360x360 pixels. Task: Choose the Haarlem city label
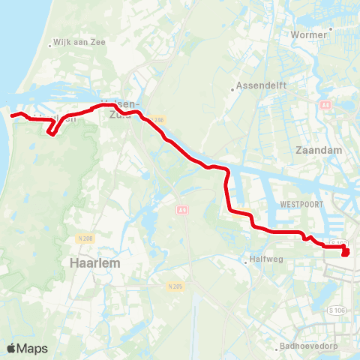(95, 263)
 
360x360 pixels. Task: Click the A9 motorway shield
(182, 211)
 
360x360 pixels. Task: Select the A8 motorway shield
(325, 106)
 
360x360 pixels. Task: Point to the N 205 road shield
(175, 286)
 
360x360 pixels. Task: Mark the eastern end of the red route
(346, 253)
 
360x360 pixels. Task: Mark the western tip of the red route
(13, 115)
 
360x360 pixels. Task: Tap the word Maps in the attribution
(32, 349)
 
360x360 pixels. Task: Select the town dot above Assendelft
(235, 85)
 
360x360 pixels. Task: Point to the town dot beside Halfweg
(246, 261)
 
